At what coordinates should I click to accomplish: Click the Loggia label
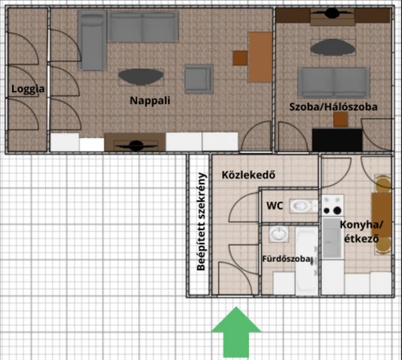pos(28,89)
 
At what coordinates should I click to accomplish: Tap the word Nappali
pos(150,100)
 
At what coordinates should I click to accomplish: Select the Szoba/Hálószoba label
pos(333,107)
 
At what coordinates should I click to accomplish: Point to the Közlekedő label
pos(248,175)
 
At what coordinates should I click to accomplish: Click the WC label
pos(274,205)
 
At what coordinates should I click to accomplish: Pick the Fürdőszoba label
pos(286,259)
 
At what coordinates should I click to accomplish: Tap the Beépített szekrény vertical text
pos(202,222)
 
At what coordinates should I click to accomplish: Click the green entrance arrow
pos(236,332)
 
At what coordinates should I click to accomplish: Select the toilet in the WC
pos(304,206)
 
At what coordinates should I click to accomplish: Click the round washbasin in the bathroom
pos(279,234)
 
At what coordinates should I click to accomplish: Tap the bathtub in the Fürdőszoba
pos(306,261)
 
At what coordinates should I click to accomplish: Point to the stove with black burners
pos(332,205)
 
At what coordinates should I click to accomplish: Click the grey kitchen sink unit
pos(332,238)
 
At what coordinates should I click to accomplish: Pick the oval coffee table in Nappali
pos(141,77)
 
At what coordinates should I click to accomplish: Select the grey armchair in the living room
pos(199,79)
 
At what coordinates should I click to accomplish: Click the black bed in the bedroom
pos(337,139)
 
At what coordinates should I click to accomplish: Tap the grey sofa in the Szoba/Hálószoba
pos(334,82)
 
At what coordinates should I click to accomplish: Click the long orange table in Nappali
pos(260,57)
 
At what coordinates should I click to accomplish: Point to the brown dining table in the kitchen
pos(382,214)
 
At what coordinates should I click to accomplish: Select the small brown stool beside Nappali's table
pos(240,58)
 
